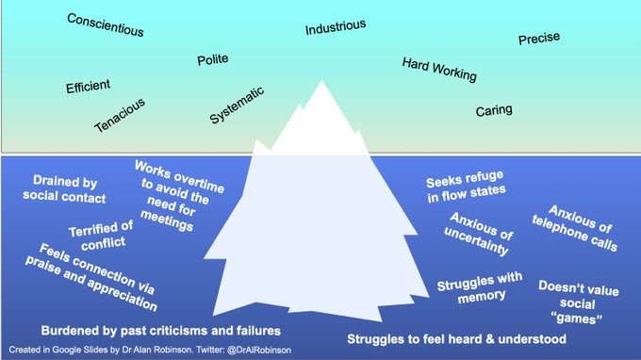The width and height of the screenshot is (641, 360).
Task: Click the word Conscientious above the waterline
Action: click(106, 25)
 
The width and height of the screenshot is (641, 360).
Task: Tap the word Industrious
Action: click(337, 28)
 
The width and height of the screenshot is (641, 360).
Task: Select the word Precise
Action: click(538, 39)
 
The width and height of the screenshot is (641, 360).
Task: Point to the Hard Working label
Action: click(439, 69)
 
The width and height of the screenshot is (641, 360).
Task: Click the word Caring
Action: click(494, 110)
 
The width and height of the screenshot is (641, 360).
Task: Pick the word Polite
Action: click(212, 60)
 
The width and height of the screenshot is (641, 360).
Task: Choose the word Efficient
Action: click(88, 87)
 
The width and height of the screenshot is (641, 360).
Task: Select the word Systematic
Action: click(237, 106)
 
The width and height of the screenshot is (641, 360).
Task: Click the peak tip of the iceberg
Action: click(322, 82)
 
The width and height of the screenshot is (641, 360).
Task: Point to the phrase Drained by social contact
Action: click(69, 189)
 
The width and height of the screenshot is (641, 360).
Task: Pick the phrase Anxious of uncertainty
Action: click(479, 234)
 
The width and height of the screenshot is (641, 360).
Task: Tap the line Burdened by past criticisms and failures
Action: click(161, 332)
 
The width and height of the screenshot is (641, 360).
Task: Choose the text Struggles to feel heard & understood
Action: click(455, 338)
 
